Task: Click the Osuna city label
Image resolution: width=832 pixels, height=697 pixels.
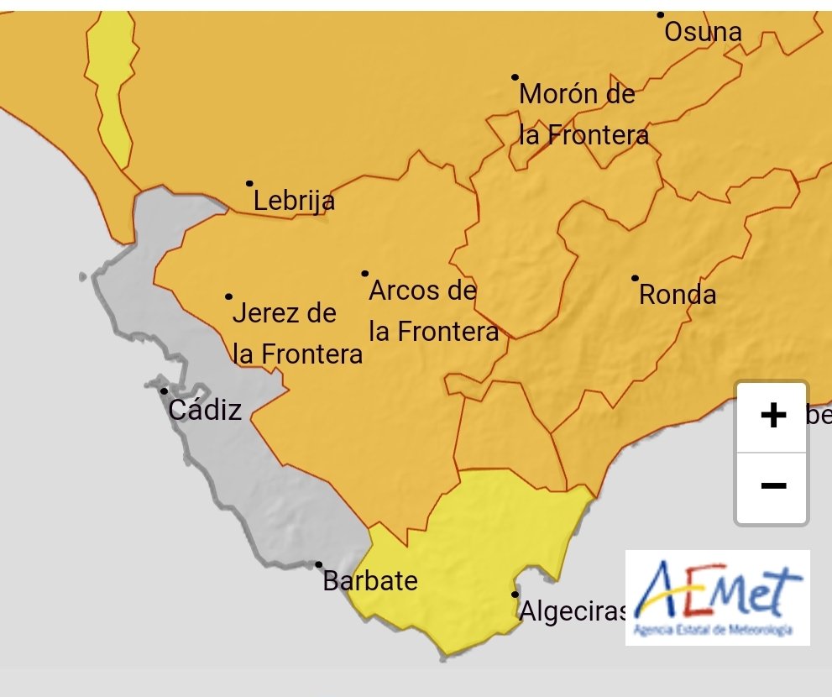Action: tap(703, 33)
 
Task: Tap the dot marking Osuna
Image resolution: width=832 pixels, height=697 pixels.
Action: tap(661, 15)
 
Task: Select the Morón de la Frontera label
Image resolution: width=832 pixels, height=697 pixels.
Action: tap(583, 114)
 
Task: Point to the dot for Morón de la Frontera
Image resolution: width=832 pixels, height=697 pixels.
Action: tap(515, 77)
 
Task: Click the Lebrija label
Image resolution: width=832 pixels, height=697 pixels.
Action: tap(294, 202)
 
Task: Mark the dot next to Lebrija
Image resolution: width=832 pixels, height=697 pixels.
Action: tap(249, 183)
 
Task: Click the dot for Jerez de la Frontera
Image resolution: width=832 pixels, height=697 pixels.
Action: tap(228, 296)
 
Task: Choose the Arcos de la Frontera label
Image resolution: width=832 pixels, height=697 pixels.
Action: tap(433, 311)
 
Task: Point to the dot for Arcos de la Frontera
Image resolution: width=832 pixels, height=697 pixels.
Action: tap(365, 273)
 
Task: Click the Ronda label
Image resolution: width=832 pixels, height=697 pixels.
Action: tap(678, 295)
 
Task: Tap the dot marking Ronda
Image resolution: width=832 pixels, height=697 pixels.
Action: tap(635, 278)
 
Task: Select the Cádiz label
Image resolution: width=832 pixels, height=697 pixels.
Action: tap(205, 411)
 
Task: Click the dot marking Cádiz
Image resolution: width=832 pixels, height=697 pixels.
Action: tap(164, 391)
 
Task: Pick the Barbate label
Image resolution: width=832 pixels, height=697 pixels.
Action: tap(370, 581)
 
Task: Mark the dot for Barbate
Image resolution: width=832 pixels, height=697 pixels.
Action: tap(319, 565)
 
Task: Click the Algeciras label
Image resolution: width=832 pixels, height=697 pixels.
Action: tap(573, 611)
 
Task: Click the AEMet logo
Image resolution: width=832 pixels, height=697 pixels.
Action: tap(717, 597)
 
